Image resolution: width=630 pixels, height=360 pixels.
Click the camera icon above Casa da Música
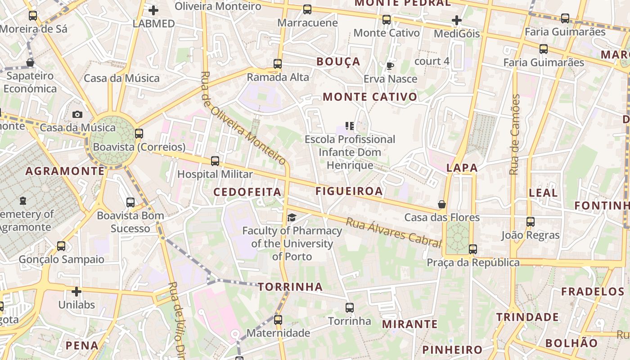(77, 115)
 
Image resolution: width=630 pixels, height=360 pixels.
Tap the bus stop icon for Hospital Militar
(215, 161)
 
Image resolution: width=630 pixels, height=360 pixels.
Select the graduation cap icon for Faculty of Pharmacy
(292, 218)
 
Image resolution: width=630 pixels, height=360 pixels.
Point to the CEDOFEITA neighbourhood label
(247, 192)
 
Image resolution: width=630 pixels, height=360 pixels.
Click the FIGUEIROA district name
(349, 191)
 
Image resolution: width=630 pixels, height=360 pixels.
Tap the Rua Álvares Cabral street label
(394, 232)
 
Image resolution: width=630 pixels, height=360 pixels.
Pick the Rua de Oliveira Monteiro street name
(243, 118)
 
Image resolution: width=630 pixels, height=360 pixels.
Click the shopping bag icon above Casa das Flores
(442, 204)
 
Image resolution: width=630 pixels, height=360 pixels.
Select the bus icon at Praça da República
(472, 249)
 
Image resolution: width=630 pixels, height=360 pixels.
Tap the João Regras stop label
(531, 235)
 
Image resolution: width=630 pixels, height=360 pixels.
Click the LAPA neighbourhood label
(462, 168)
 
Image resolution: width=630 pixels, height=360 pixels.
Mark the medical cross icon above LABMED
(153, 10)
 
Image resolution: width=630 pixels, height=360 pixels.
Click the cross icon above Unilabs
(76, 292)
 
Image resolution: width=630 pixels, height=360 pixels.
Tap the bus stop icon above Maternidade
(278, 320)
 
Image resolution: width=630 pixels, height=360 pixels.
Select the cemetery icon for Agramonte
(22, 201)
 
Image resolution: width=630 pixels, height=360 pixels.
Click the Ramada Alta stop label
(278, 77)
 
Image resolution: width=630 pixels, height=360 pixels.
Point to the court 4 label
(432, 61)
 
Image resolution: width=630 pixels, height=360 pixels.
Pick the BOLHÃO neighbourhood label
(571, 343)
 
